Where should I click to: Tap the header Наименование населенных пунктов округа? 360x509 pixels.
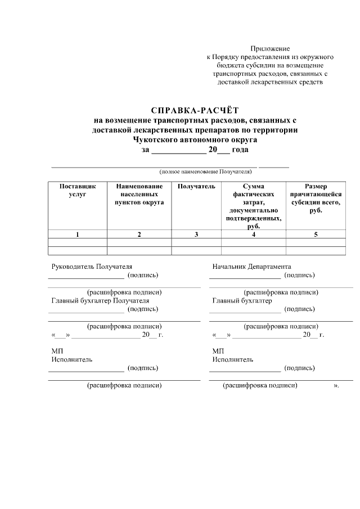click(x=139, y=194)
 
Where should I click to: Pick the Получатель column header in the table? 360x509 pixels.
click(x=196, y=186)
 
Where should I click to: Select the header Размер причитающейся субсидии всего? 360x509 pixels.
click(x=316, y=198)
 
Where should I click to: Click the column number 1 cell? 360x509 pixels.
click(x=78, y=235)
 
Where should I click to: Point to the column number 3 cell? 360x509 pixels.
click(x=196, y=235)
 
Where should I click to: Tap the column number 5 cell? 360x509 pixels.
click(x=316, y=235)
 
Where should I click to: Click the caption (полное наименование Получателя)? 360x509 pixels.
click(x=205, y=171)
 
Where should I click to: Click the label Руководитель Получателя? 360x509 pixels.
click(x=92, y=267)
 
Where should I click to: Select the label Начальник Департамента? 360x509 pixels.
click(x=251, y=267)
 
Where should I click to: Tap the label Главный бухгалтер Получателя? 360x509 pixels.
click(x=100, y=300)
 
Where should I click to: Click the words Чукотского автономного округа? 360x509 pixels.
click(x=195, y=140)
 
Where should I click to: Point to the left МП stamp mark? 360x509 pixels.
click(x=56, y=351)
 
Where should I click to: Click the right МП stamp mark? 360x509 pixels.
click(x=217, y=351)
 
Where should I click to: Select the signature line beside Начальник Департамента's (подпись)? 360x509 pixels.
click(x=245, y=277)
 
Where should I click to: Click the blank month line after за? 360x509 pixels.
click(x=178, y=151)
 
